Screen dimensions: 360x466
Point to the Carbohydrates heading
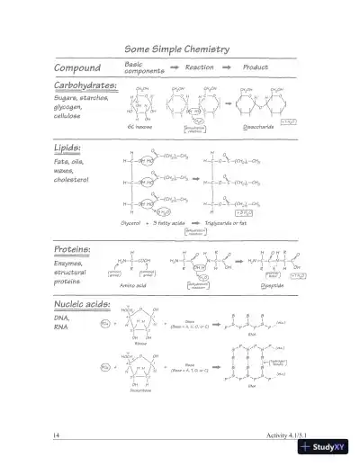click(85, 85)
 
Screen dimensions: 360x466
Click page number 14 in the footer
click(56, 435)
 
